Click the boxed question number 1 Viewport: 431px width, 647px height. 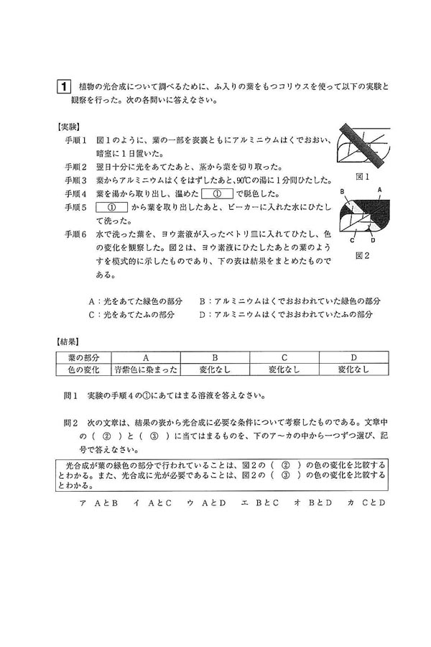pyautogui.click(x=64, y=88)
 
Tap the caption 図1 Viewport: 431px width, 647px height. pyautogui.click(x=363, y=176)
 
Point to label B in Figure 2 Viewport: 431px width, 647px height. pyautogui.click(x=344, y=191)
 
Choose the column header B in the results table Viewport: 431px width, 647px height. pyautogui.click(x=215, y=357)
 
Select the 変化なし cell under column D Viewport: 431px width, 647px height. pyautogui.click(x=353, y=369)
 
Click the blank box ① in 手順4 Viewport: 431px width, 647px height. pyautogui.click(x=219, y=193)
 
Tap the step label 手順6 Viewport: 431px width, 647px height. pyautogui.click(x=75, y=234)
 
